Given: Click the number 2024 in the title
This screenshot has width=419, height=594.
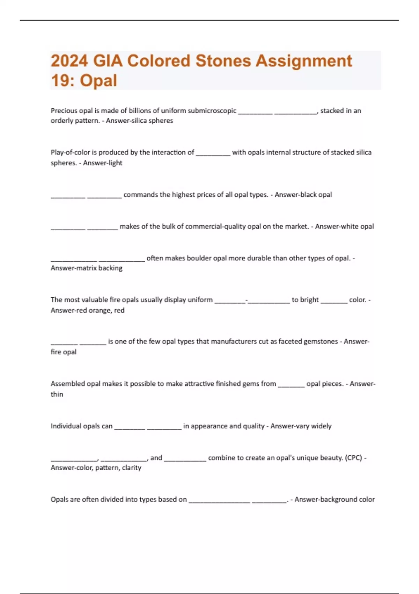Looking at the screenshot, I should (x=69, y=61).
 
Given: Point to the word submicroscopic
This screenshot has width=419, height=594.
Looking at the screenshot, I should (x=212, y=111).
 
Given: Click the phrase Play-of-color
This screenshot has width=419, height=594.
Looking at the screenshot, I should (x=70, y=152).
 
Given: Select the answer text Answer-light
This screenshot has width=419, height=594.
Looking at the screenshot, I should (x=103, y=163).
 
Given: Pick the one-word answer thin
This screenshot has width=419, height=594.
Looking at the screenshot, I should (x=57, y=394).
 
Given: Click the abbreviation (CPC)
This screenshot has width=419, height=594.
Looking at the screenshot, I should (x=353, y=458).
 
